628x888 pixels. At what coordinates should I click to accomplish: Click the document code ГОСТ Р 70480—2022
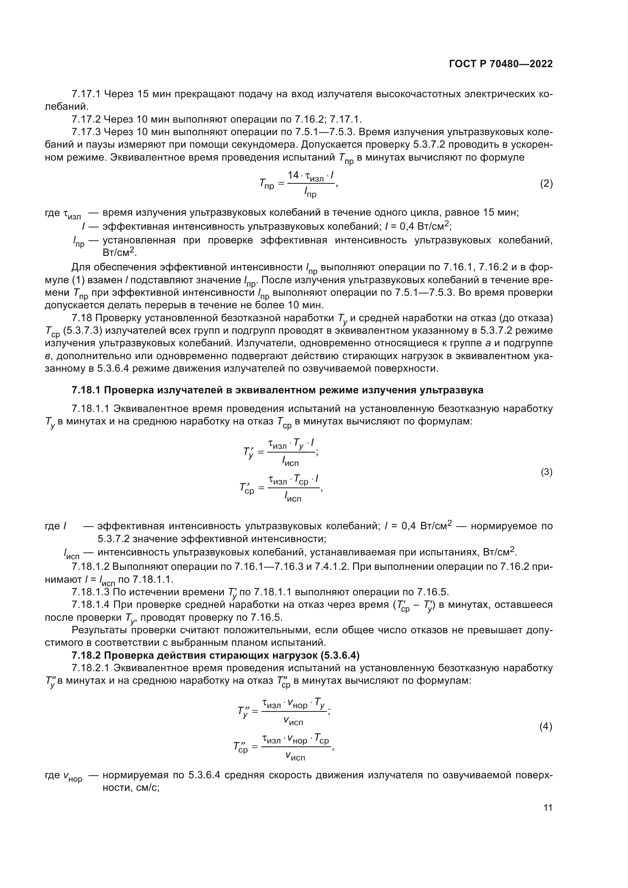tap(501, 64)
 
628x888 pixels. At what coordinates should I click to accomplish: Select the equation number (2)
tap(546, 184)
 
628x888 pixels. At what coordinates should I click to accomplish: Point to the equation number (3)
tap(546, 472)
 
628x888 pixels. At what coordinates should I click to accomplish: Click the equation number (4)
tap(546, 727)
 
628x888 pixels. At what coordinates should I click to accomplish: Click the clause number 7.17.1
tap(86, 94)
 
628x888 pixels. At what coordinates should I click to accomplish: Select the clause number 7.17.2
tap(86, 120)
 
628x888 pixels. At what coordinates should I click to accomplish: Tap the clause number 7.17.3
tap(86, 132)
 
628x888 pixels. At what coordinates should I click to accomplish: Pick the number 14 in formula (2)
tap(293, 175)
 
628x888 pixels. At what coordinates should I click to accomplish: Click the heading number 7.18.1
tap(86, 390)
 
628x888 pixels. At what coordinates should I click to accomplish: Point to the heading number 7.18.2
tap(86, 656)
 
